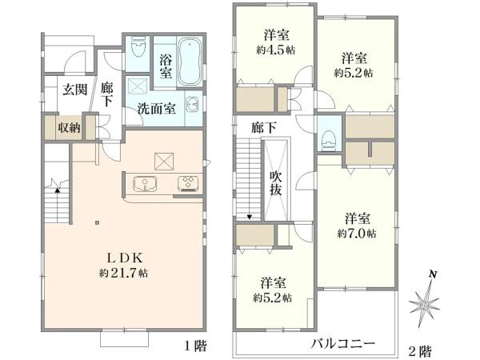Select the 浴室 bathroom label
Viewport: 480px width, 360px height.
tap(165, 66)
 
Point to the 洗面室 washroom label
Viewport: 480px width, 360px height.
tap(155, 109)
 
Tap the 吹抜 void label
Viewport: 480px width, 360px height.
tap(275, 182)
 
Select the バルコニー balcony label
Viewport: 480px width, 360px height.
tap(343, 343)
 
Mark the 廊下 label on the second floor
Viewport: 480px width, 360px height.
tap(262, 127)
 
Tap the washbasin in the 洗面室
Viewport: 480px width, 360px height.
tap(192, 104)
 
